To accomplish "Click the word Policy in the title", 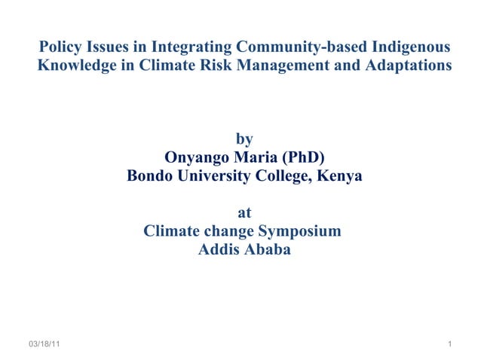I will (x=61, y=47).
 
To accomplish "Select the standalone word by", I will (x=244, y=139).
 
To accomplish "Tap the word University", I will (x=213, y=176).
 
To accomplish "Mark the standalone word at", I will (x=244, y=213).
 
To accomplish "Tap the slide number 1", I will (x=449, y=344).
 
